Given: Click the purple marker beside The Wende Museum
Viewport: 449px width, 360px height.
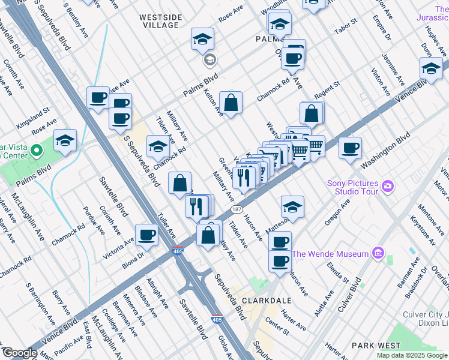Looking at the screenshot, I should click(x=378, y=253).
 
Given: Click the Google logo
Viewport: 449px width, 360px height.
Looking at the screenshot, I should click(x=20, y=353).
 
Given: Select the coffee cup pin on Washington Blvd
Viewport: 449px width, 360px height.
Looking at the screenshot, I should click(x=350, y=147).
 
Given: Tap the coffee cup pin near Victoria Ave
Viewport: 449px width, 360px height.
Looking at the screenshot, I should click(x=146, y=235).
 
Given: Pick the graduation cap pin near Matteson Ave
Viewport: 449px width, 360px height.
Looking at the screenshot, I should click(x=292, y=206).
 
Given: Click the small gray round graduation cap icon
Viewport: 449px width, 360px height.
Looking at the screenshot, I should click(x=209, y=59).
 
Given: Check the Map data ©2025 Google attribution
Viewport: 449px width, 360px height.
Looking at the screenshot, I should click(x=412, y=355).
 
